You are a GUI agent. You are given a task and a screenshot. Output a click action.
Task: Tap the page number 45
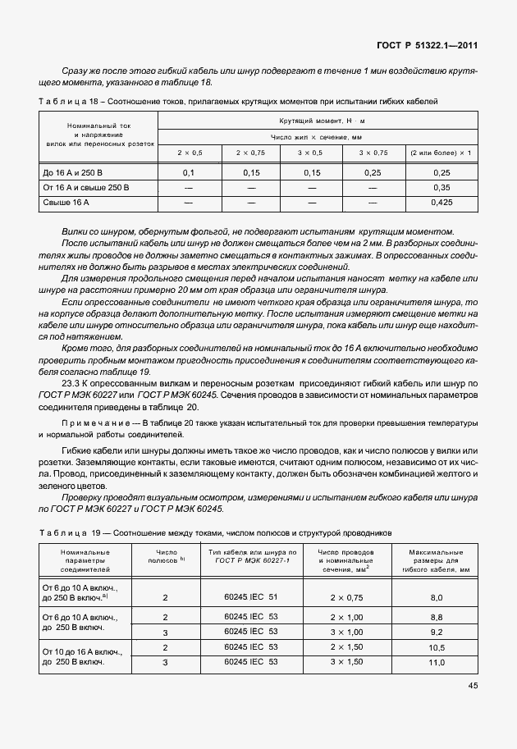(473, 685)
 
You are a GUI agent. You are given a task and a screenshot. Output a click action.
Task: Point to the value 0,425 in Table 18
(441, 202)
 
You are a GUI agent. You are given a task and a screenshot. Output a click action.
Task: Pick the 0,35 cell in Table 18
(441, 187)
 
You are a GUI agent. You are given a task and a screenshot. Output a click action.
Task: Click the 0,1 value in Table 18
(188, 173)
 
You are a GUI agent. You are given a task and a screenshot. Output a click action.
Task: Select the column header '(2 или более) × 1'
(441, 153)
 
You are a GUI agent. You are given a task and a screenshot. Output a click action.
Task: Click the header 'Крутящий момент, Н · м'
(315, 121)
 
